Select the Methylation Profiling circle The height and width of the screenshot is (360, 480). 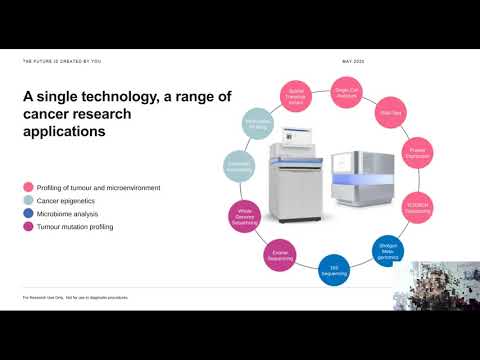[258, 123]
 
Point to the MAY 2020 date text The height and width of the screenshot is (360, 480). [353, 61]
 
